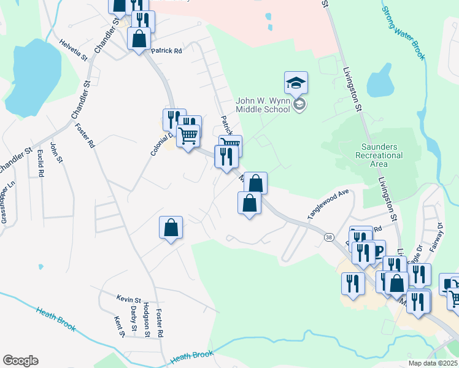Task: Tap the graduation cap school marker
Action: [296, 83]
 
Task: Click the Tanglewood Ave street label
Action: [328, 204]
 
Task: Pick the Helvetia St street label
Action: [74, 50]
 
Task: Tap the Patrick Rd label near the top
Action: [167, 52]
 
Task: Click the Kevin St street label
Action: [129, 298]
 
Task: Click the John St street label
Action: [56, 152]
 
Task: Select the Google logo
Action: [20, 361]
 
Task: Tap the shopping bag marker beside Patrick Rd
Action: [140, 39]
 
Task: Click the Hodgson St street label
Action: [147, 319]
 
